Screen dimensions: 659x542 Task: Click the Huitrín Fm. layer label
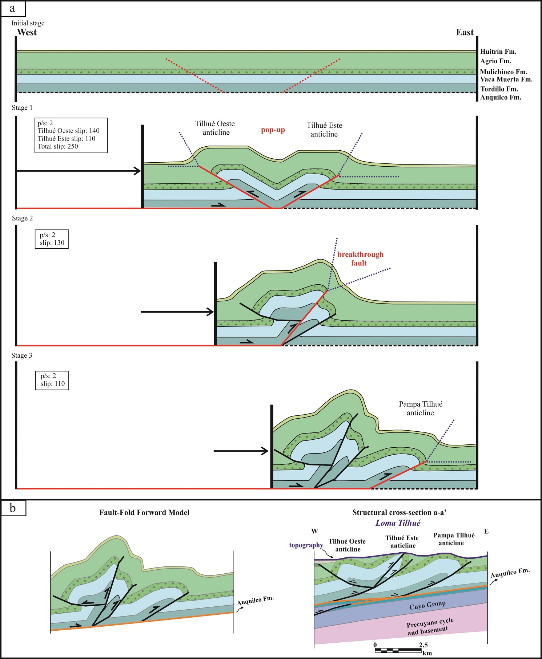[x=498, y=52]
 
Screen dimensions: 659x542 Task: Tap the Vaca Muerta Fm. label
[x=506, y=80]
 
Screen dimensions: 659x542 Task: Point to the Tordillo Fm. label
[x=499, y=89]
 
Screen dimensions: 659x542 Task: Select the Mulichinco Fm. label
[x=503, y=72]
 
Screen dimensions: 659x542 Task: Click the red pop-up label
[x=273, y=130]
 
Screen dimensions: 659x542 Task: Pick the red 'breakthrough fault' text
[x=360, y=259]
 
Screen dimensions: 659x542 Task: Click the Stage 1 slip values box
[x=71, y=135]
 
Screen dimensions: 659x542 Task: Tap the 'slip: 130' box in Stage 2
[x=52, y=239]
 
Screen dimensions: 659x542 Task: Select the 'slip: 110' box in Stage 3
[x=52, y=380]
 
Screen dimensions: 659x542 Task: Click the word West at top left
[x=27, y=32]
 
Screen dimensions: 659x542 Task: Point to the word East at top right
[x=465, y=32]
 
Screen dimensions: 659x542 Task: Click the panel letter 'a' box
[x=13, y=9]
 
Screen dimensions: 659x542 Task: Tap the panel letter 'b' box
[x=13, y=508]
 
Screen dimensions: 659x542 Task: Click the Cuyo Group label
[x=427, y=605]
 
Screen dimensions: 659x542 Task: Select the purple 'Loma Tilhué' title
[x=398, y=523]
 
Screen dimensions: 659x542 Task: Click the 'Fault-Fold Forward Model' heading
[x=144, y=512]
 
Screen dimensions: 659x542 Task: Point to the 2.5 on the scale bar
[x=423, y=645]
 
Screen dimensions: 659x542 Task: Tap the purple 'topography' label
[x=306, y=545]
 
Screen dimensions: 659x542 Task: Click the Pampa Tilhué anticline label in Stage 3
[x=421, y=408]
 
